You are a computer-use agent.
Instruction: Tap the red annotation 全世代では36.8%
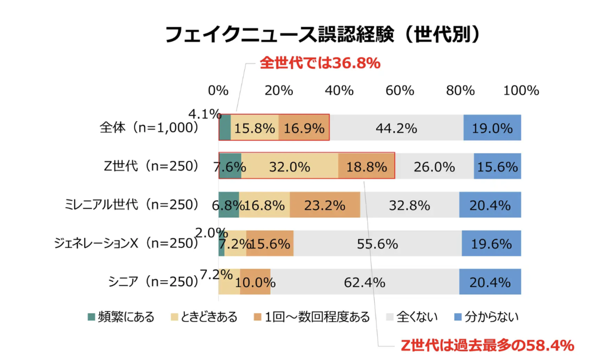[x=319, y=64]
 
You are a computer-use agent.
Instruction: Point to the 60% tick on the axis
[x=400, y=91]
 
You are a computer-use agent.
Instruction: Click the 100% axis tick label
[x=521, y=91]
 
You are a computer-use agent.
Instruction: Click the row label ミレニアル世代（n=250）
[x=132, y=205]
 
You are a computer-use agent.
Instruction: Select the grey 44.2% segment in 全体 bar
[x=396, y=128]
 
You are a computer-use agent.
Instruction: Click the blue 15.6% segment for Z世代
[x=497, y=166]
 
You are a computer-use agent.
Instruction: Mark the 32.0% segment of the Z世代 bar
[x=289, y=166]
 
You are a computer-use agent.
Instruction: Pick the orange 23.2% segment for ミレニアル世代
[x=325, y=205]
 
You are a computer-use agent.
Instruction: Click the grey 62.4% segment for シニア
[x=365, y=282]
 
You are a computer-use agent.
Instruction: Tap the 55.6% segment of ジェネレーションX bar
[x=377, y=243]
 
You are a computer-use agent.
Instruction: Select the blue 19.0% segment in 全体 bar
[x=492, y=128]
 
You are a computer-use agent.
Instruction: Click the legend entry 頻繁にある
[x=120, y=317]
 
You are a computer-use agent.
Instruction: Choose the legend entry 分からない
[x=486, y=317]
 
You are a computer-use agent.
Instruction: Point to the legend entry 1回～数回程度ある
[x=311, y=317]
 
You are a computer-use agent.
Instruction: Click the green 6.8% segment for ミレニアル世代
[x=229, y=205]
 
